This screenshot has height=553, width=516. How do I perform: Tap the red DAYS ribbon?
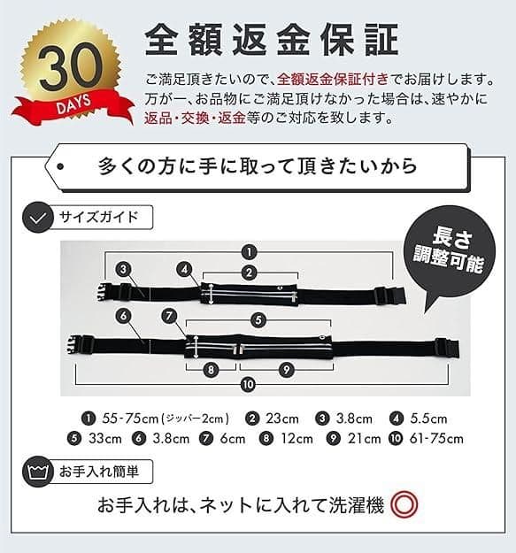click(x=73, y=107)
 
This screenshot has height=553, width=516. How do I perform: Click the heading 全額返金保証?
click(x=272, y=40)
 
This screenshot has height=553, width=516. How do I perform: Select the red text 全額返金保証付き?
click(x=333, y=80)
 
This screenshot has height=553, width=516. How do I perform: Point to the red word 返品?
click(x=158, y=118)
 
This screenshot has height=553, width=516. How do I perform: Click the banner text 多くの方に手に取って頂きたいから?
click(x=258, y=166)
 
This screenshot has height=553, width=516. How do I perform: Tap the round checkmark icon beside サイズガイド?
click(x=38, y=217)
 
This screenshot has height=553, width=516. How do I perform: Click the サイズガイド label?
click(x=98, y=217)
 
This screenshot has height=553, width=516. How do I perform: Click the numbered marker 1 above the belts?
click(x=250, y=252)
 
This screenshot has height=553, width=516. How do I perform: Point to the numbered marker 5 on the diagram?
click(x=258, y=320)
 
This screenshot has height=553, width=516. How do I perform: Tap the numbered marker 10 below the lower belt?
click(x=248, y=384)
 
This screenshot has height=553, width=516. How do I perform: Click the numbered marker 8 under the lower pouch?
click(x=211, y=370)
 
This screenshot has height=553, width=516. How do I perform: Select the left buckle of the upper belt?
click(x=106, y=292)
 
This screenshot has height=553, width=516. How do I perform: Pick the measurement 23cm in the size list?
click(x=282, y=419)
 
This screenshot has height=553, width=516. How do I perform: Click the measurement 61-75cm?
click(x=436, y=438)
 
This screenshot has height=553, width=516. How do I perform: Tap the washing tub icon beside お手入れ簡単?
click(x=38, y=472)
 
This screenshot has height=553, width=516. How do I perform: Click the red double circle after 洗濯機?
click(x=404, y=504)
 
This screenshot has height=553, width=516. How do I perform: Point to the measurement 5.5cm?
click(x=428, y=419)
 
